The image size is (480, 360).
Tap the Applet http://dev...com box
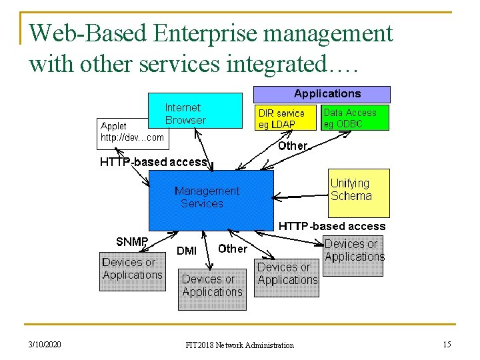coord(132,132)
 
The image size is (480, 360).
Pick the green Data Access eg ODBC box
coord(354,118)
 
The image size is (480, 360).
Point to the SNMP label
coord(132,241)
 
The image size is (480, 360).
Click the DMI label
coord(187,251)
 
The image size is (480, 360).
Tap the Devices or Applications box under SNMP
coord(132,271)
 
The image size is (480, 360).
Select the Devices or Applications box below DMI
coord(211,289)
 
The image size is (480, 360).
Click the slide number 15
coord(447,344)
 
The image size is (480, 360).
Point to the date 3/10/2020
coord(45,345)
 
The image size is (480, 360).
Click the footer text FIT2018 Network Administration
coord(239,345)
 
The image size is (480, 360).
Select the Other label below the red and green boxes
coord(292,145)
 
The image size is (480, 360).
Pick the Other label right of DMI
coord(233,249)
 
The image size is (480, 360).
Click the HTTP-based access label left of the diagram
coord(153,162)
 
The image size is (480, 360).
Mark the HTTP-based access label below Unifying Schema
coord(331,226)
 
